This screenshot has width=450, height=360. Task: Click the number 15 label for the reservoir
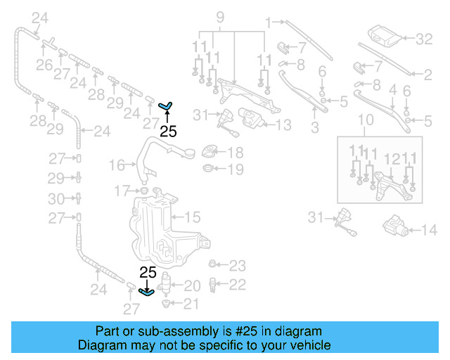[192, 217]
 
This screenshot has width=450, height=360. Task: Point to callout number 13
[283, 125]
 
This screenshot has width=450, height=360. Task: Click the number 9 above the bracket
[219, 16]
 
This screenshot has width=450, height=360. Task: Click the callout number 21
[191, 304]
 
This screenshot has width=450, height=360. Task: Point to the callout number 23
[237, 266]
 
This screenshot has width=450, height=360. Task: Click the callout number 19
[236, 169]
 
